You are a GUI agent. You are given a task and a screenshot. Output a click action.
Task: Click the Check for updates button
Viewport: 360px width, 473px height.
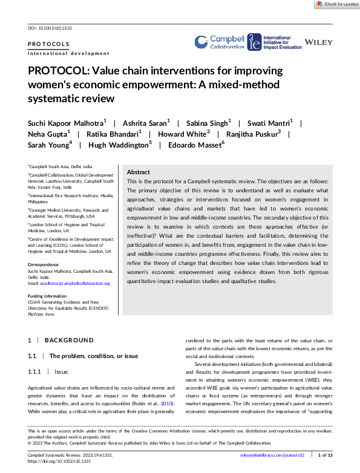click(337, 4)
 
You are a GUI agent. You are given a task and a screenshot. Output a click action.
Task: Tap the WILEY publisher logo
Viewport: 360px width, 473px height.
click(319, 42)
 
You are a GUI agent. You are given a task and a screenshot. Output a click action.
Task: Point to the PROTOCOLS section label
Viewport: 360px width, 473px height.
click(48, 44)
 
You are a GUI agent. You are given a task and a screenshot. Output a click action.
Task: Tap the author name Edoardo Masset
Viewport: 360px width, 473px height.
click(197, 145)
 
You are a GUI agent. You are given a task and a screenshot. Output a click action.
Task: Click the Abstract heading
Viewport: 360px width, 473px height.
click(138, 172)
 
